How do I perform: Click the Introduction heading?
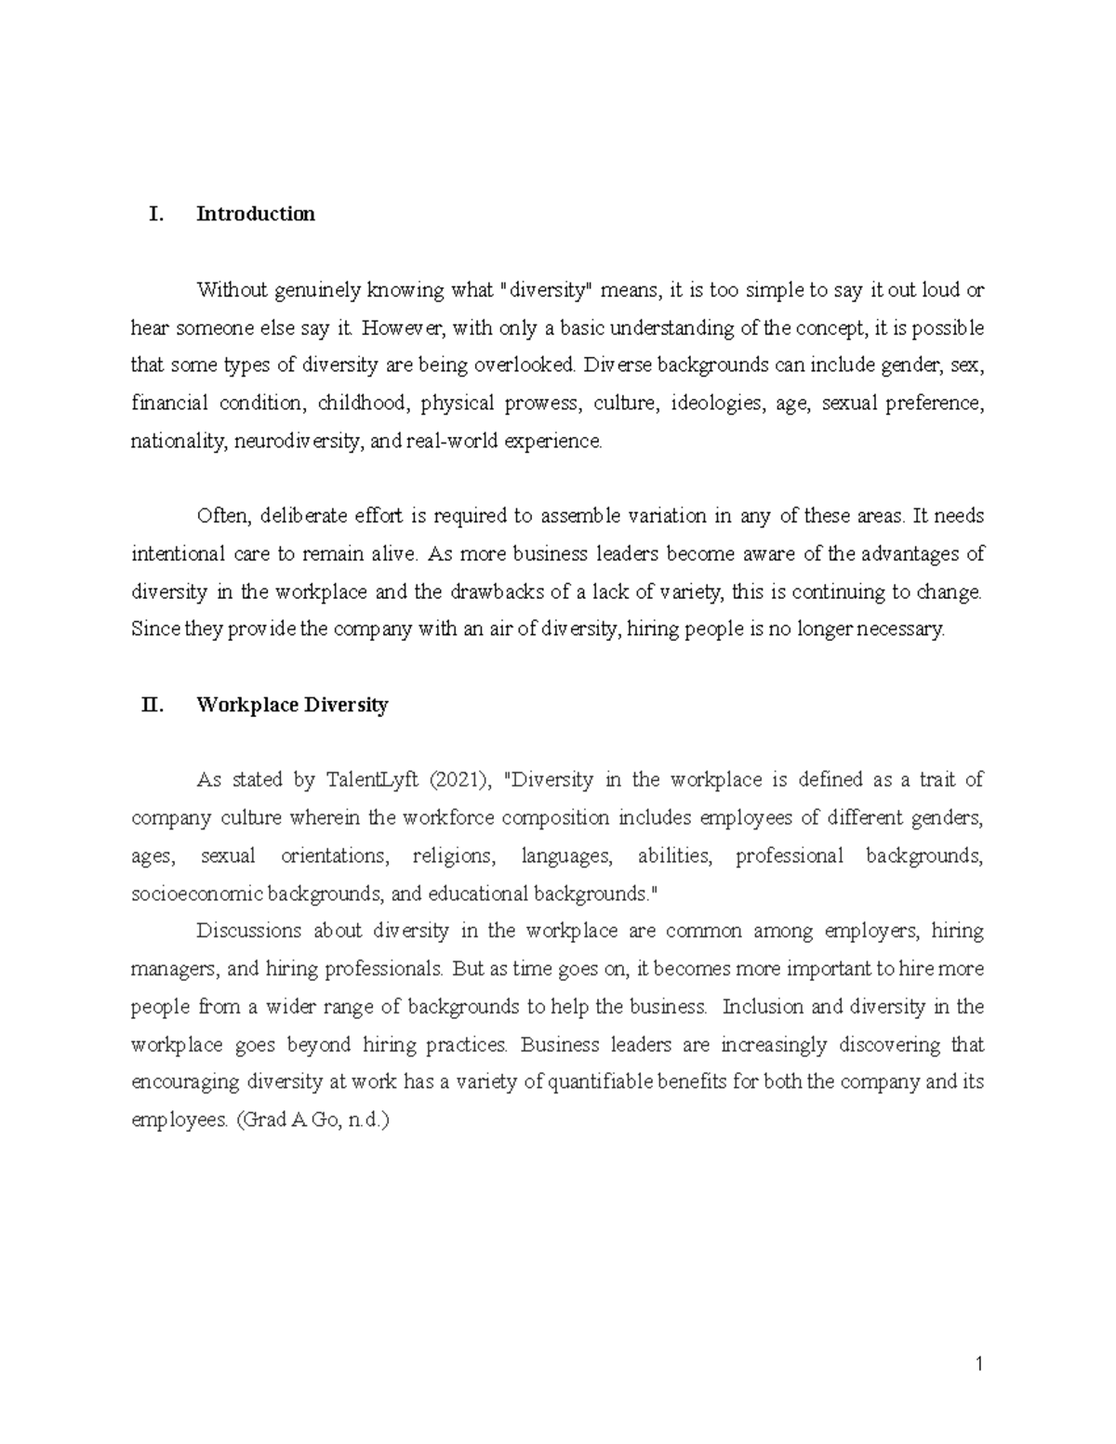point(256,214)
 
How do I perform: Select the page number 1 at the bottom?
point(978,1365)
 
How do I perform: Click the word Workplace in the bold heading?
point(245,705)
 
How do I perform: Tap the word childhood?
point(362,404)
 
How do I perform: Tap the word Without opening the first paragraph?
point(231,290)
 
